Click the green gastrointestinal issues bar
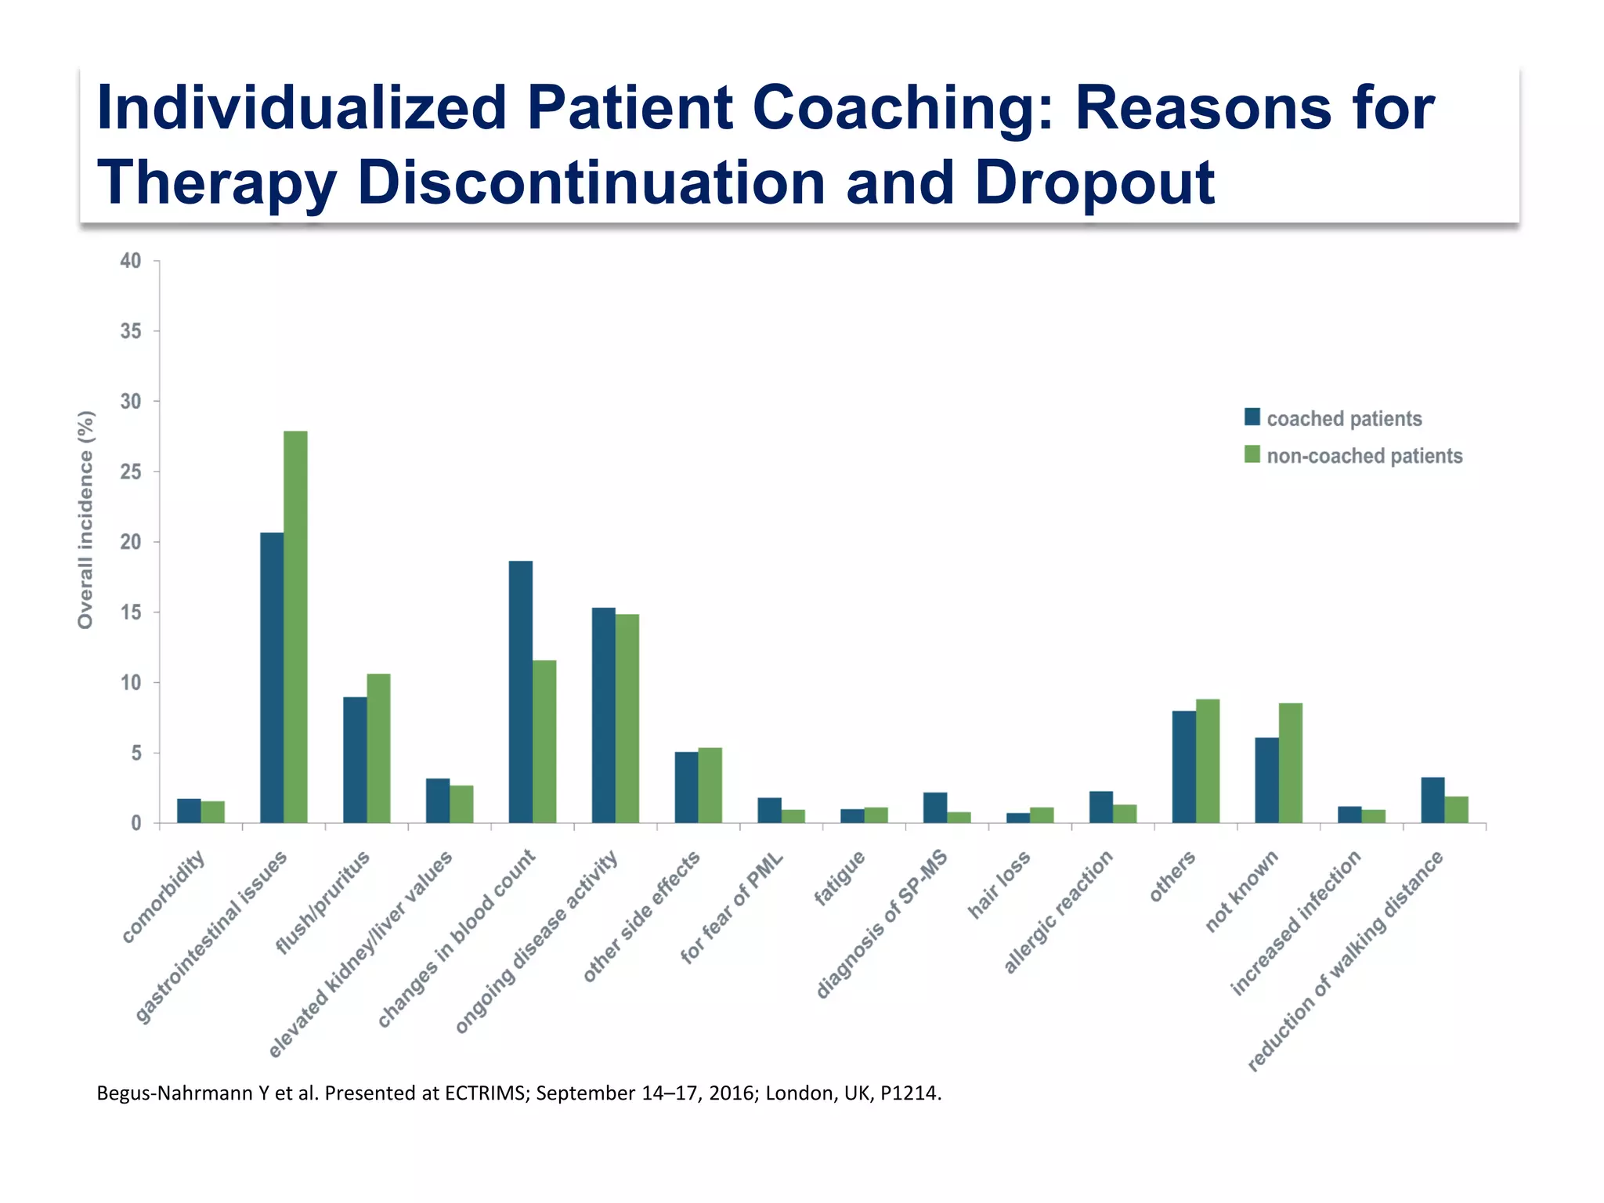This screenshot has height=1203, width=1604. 295,627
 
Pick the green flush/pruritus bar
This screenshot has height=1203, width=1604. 378,748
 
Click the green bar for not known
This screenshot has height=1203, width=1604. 1290,763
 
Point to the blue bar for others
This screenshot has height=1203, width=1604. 1183,767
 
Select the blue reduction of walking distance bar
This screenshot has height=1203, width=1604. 1432,800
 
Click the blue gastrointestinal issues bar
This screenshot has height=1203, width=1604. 272,677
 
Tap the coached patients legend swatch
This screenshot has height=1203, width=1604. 1252,417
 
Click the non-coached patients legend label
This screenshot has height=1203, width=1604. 1364,456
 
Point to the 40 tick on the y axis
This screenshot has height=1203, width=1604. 131,261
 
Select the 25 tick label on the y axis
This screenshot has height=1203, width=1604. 131,471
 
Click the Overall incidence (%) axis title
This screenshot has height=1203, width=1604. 85,519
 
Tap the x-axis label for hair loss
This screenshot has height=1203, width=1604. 999,885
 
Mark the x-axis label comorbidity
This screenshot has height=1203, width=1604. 164,898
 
